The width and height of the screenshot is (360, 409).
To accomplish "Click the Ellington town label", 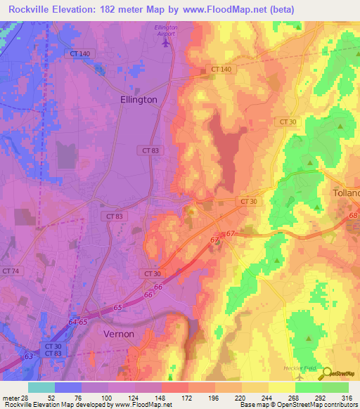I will coord(139,100).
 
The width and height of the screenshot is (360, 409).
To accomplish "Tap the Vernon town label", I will coord(118,334).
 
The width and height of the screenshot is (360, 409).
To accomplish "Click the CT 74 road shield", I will coord(11,271).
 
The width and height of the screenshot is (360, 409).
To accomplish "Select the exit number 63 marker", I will coord(28,357).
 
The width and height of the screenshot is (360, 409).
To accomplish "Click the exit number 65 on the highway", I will coord(117,308).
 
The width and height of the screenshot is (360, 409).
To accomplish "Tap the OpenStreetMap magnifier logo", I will coord(328,374).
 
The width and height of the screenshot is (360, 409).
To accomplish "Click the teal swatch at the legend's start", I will coord(41,387).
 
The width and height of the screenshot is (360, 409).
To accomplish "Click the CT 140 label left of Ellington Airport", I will coord(80,53).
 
